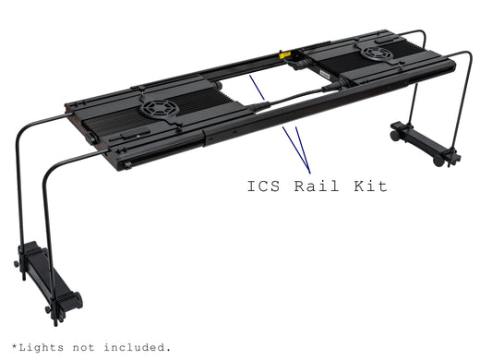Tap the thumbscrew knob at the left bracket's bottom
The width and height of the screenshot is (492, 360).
pos(69,300)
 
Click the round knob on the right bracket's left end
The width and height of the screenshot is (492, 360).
pos(395,135)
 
